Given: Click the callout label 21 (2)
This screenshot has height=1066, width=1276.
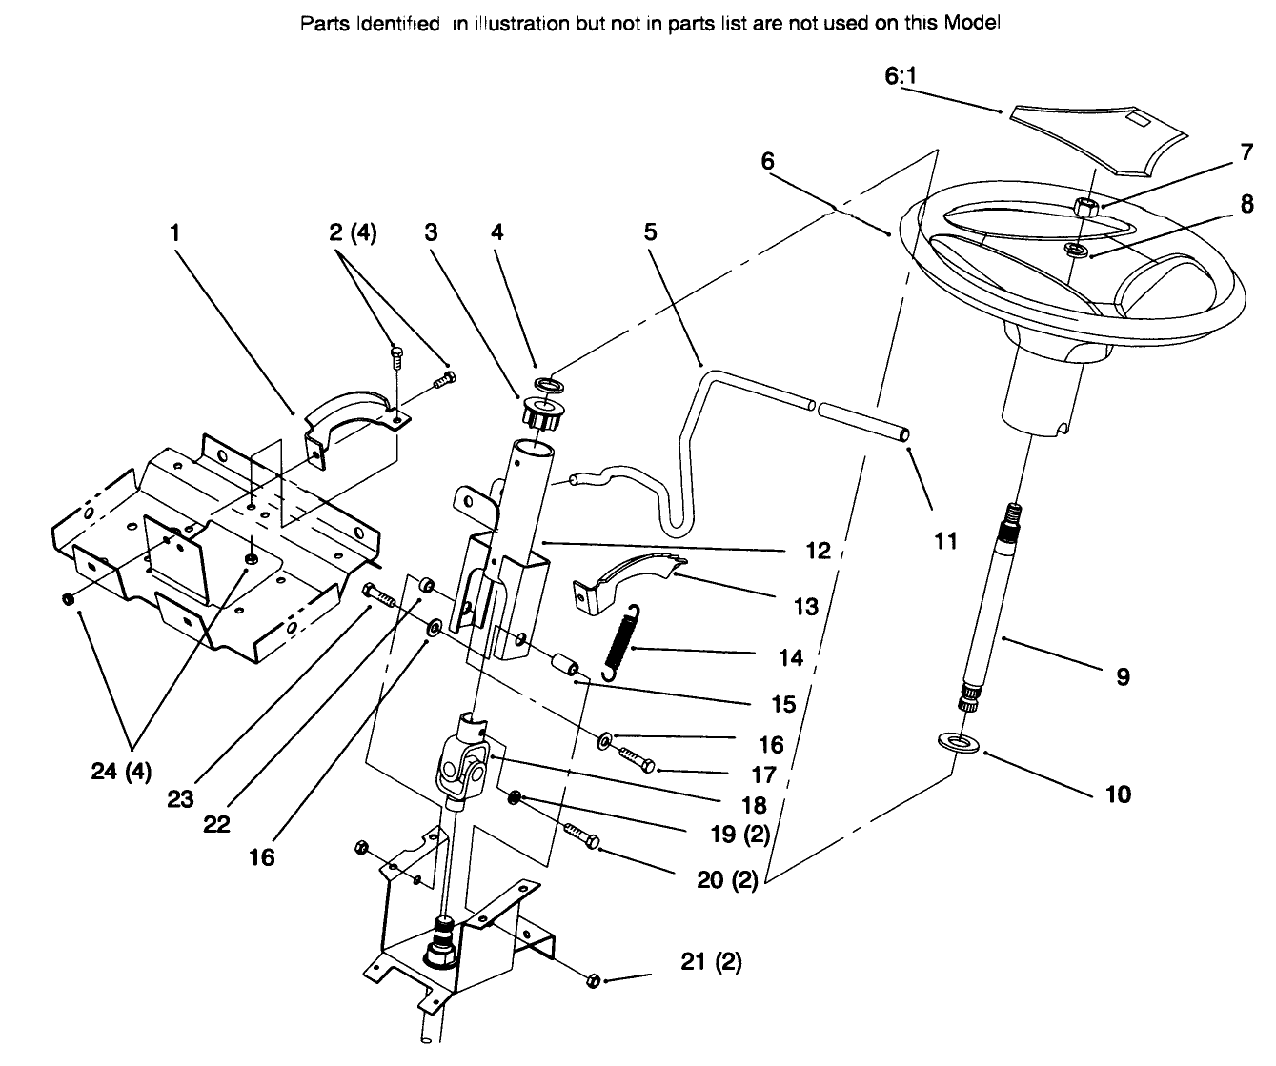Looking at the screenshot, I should pos(711,962).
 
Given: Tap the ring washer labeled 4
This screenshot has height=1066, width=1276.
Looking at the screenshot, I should pos(550,385).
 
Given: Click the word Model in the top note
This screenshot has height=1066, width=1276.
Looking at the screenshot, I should pos(971,23).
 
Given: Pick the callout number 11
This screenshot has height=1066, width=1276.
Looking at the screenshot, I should pos(944,542).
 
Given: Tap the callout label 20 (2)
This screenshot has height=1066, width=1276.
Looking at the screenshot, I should pos(726,881).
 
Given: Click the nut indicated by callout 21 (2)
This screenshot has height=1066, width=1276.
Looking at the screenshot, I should pos(591,979).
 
